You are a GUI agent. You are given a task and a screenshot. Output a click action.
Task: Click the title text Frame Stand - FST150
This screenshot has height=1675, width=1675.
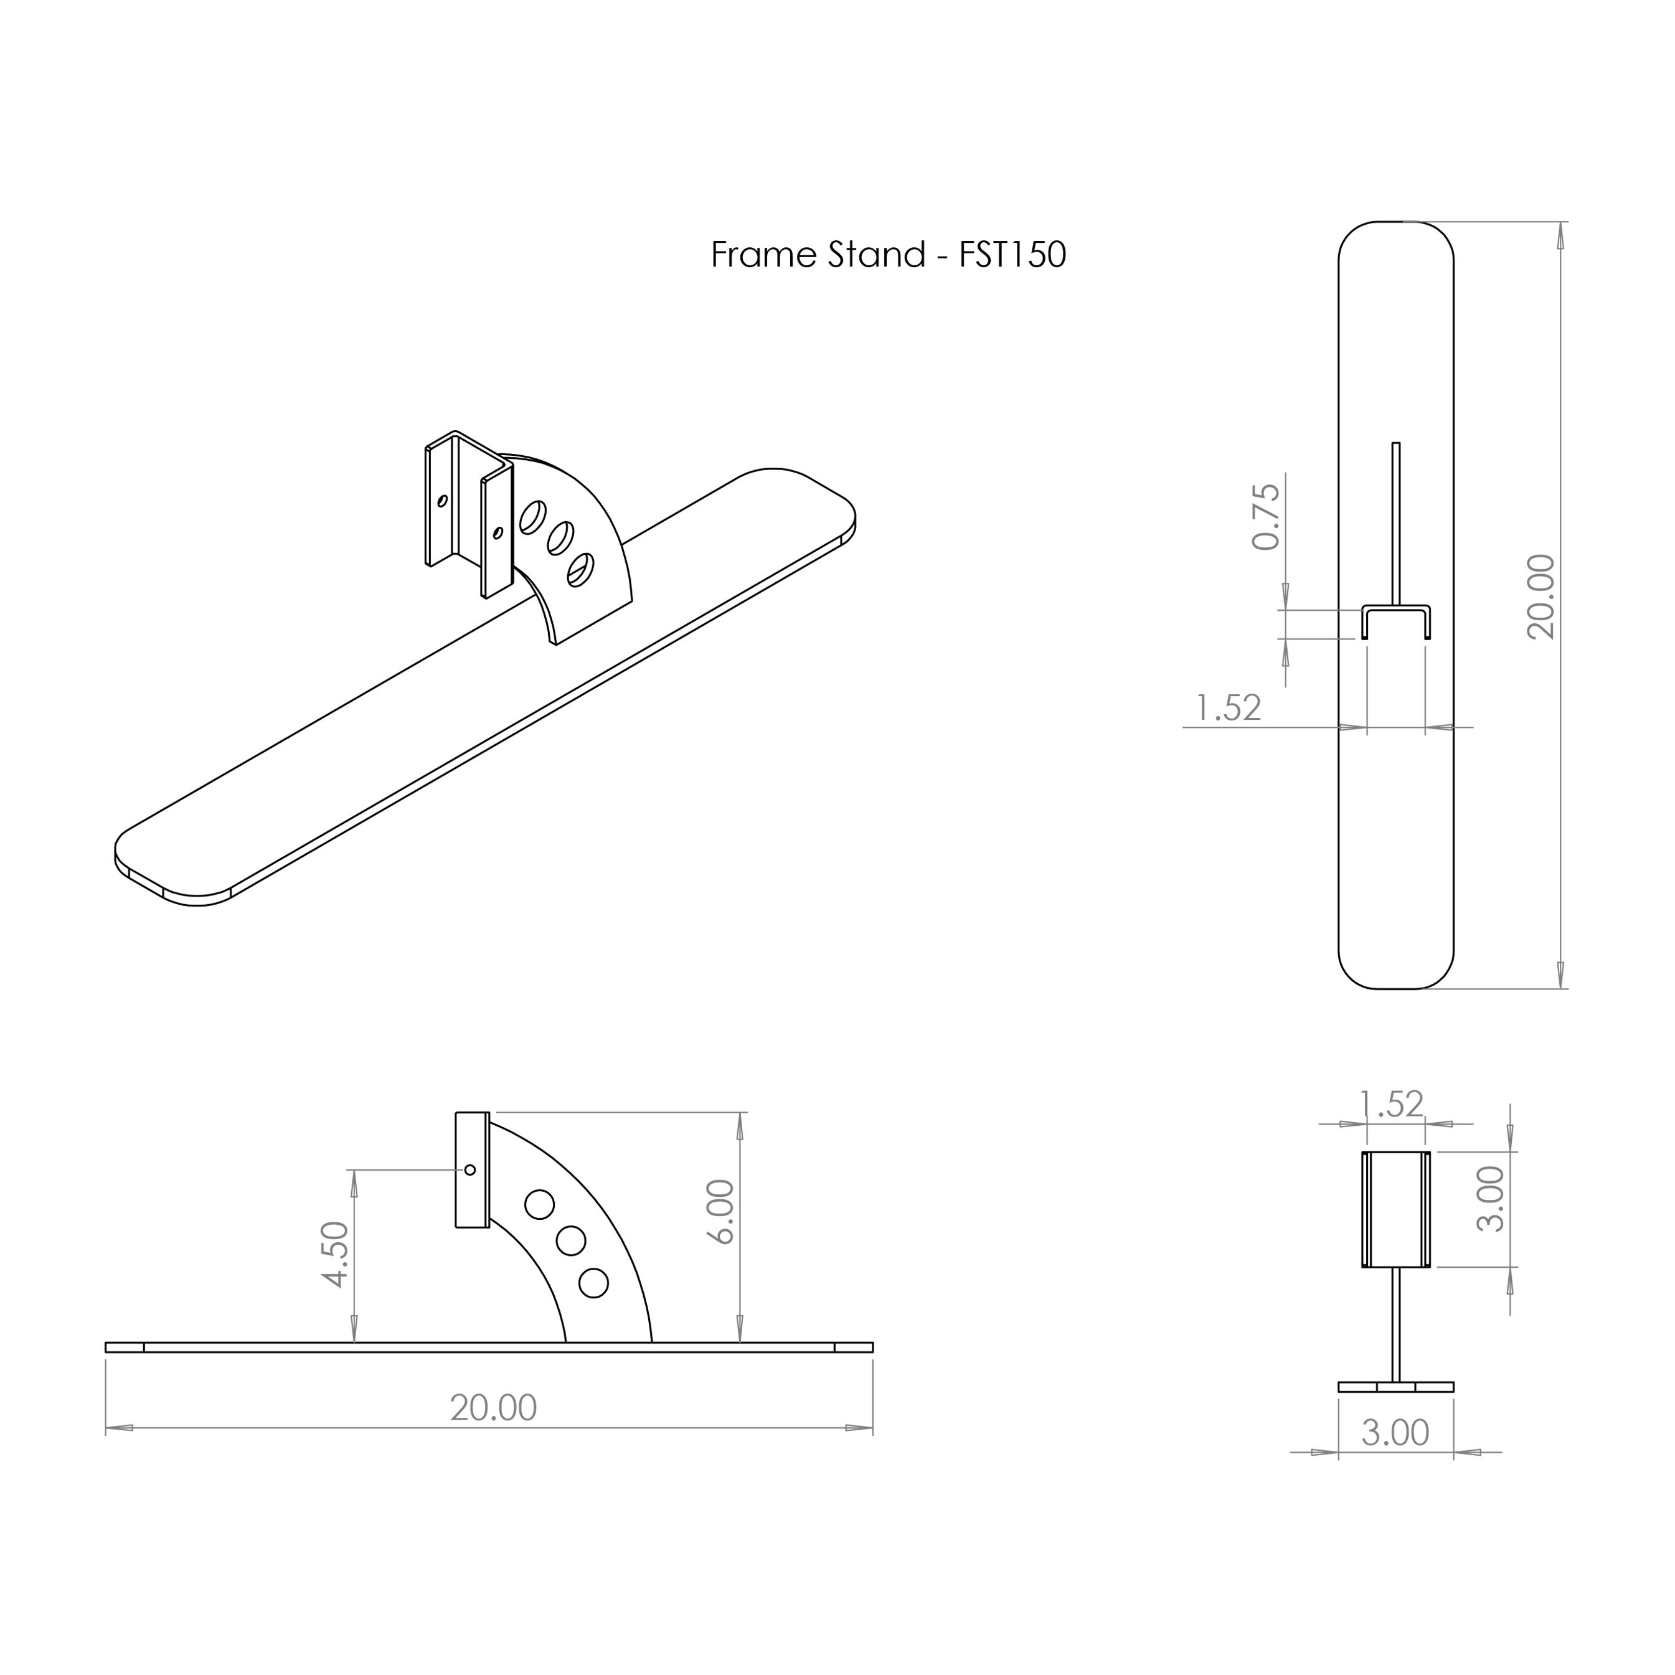pos(888,255)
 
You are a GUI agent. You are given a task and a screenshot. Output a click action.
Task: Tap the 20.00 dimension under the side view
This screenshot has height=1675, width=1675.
pos(493,1408)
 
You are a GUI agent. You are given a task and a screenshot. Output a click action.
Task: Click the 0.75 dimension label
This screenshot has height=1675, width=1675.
pos(1267,517)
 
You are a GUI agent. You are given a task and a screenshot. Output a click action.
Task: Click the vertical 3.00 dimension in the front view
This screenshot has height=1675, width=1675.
pos(1491,1199)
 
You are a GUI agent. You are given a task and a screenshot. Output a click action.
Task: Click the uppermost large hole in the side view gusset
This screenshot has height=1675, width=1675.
pos(539,1204)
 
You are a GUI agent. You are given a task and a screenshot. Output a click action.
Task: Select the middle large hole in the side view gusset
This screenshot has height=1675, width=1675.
pos(570,1240)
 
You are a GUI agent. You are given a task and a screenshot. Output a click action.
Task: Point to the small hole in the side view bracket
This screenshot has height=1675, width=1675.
pos(470,1169)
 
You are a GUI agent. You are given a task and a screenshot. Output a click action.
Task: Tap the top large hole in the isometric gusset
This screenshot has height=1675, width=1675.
pos(532,517)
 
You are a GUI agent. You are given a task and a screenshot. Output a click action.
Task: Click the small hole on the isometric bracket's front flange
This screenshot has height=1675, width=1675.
pos(498,533)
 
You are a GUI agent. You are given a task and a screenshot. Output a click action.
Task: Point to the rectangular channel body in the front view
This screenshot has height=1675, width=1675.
pos(1396,1209)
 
